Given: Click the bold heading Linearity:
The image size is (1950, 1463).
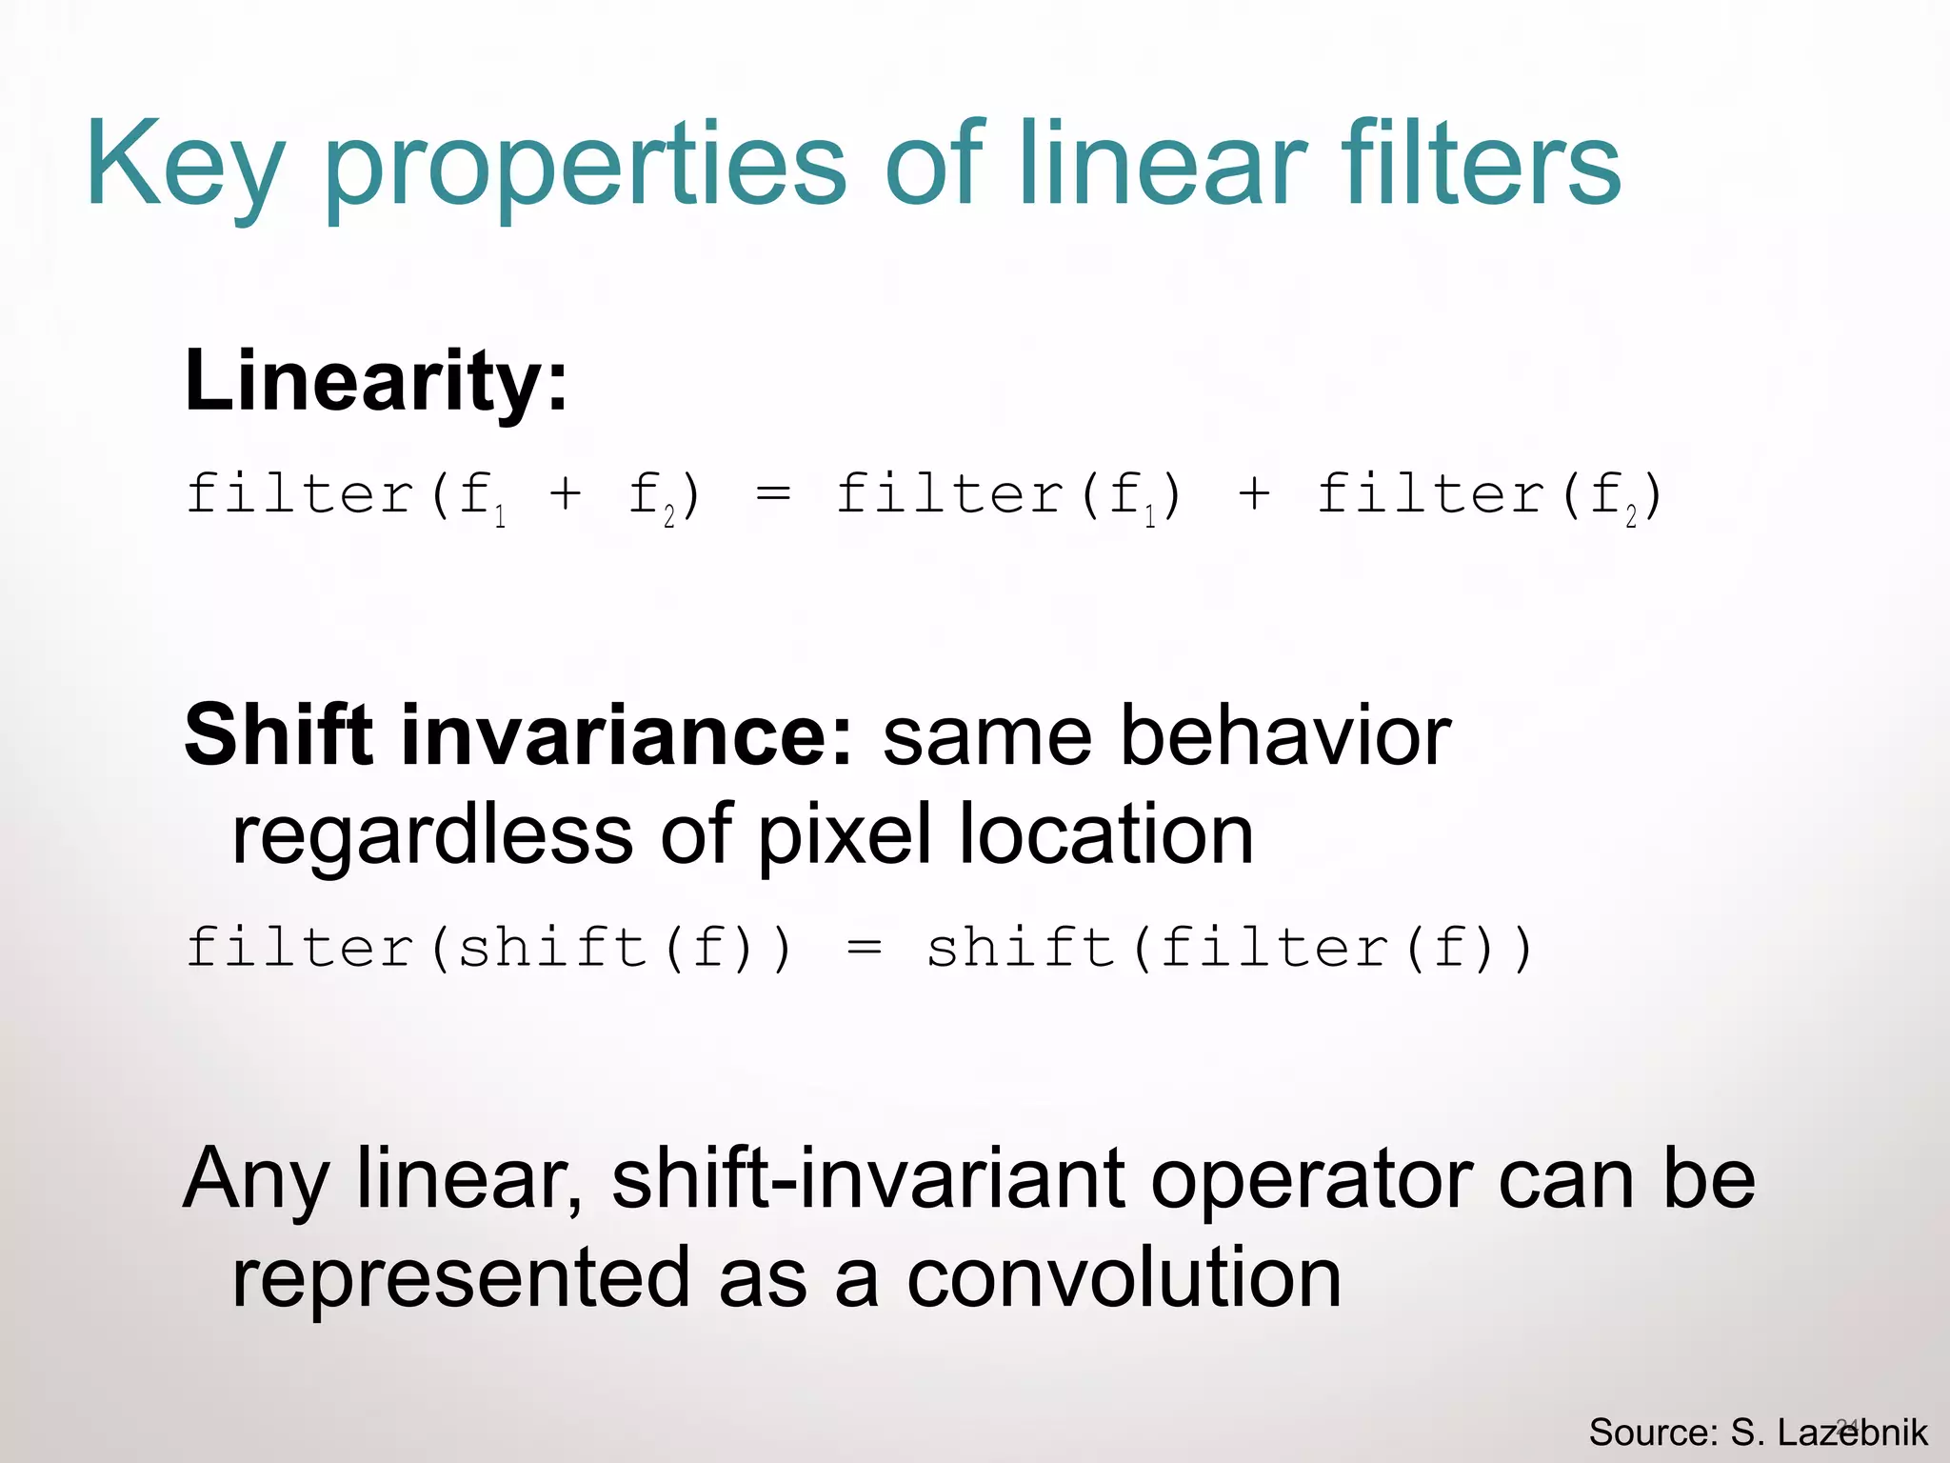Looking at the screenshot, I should pos(376,381).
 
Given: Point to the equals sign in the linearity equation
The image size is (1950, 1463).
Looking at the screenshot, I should pos(772,494).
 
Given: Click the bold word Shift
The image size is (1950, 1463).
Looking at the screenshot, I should pos(277,735).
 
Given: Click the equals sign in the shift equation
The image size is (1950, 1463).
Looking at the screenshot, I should pos(865,949).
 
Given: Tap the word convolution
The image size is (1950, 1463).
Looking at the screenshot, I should pos(1124,1278).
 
